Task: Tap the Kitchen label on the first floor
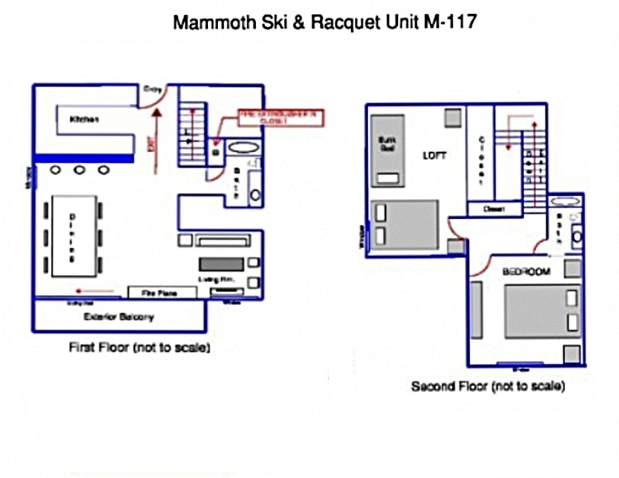84,120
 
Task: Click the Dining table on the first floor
74,236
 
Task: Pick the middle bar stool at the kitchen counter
79,170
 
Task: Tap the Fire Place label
162,293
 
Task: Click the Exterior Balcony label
119,317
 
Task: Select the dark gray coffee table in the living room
221,263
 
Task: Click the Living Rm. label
215,279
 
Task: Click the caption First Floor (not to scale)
140,348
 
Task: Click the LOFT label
434,155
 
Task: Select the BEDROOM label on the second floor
527,272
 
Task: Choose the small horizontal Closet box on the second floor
495,209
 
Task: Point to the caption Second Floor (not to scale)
488,386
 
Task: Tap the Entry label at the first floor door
151,89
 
